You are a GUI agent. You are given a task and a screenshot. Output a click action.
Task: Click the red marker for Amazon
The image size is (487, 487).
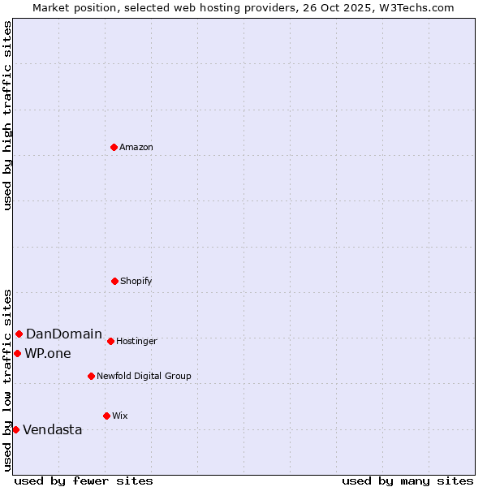(114, 147)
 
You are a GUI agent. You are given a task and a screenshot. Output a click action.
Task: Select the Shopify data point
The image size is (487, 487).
(114, 281)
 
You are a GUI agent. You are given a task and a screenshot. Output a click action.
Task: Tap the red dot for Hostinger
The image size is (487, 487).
(110, 341)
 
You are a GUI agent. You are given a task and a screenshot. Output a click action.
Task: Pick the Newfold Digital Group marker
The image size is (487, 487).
(91, 376)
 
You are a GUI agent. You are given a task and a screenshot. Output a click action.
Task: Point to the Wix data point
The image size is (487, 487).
(106, 416)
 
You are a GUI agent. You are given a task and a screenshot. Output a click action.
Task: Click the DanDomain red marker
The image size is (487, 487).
(19, 334)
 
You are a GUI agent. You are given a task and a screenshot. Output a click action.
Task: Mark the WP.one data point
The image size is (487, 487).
(17, 353)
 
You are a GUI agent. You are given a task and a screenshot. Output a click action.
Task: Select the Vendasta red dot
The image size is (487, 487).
(15, 429)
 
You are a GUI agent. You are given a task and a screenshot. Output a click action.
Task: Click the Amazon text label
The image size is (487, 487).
(136, 147)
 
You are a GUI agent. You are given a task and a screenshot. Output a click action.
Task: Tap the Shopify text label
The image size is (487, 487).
(136, 281)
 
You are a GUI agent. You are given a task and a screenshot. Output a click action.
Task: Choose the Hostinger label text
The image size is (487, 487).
(136, 341)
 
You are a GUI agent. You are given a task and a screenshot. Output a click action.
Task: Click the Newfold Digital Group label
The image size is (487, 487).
(144, 376)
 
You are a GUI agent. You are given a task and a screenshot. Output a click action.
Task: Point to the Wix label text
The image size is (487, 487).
(120, 416)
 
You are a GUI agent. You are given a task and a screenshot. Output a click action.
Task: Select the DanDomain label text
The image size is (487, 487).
(64, 334)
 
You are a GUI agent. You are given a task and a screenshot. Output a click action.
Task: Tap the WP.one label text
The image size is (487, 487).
(48, 353)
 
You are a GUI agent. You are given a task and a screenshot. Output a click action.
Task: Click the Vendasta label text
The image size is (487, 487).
(53, 429)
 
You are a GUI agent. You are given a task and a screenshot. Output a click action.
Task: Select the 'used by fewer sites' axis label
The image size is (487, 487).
(84, 481)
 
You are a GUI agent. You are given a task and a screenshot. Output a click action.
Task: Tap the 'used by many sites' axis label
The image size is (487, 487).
(407, 481)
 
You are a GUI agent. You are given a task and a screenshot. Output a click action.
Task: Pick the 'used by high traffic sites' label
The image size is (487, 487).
(7, 115)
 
